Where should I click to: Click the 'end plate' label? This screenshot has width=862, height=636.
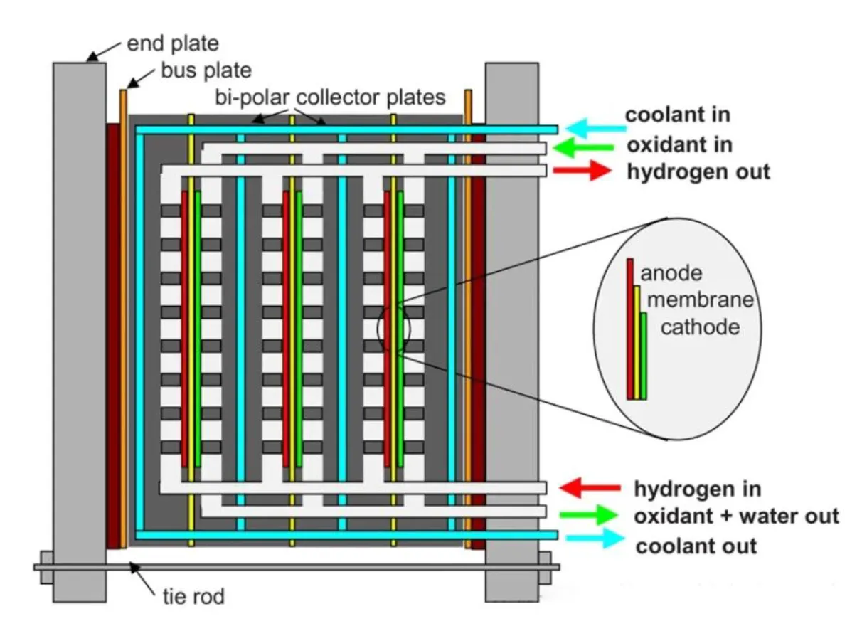[x=173, y=44]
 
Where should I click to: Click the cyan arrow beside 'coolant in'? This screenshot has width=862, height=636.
[x=596, y=129]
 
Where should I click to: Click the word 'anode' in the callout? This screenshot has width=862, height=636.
[x=671, y=273]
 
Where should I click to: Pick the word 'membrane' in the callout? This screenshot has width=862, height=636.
[x=699, y=300]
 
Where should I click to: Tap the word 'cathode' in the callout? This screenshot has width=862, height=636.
[x=700, y=327]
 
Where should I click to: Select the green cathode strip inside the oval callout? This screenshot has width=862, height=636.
[x=644, y=356]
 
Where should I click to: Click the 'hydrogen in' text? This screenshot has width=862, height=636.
[x=697, y=489]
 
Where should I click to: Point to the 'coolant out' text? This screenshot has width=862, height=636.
[x=696, y=546]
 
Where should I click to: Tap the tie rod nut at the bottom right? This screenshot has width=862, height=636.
[x=545, y=568]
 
